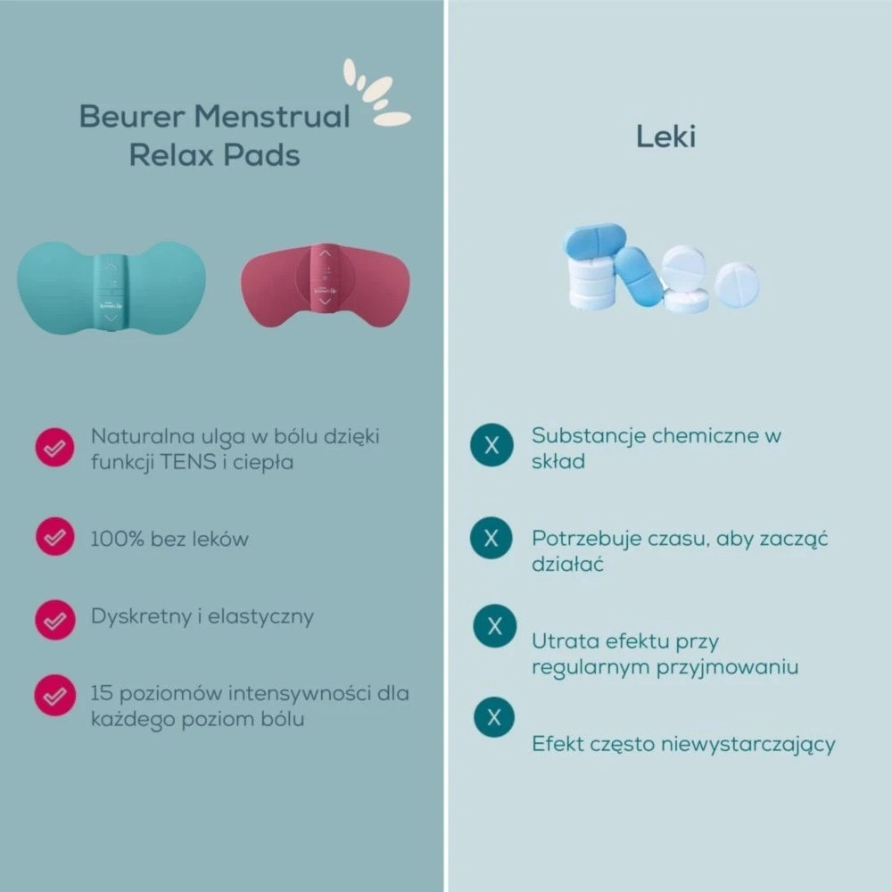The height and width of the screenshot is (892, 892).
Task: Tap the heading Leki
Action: coord(665,136)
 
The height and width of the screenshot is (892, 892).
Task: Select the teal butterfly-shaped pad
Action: coord(111,287)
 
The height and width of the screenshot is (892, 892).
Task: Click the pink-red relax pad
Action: coord(326,286)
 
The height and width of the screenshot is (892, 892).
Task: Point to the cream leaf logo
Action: coord(376,93)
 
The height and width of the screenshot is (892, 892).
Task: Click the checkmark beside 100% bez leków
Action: coord(55,536)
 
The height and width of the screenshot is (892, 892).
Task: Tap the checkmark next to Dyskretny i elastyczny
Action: coord(55,620)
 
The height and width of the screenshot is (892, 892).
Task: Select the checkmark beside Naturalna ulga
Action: coord(54,448)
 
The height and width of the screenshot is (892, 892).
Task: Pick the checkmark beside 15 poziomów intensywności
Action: coord(54,695)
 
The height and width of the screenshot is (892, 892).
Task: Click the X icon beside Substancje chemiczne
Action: coord(492,445)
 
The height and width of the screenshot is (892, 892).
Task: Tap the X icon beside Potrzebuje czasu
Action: coord(491,538)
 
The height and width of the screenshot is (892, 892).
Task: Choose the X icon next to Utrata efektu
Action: coord(495,626)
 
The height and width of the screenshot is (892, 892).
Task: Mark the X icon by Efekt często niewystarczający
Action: coord(494,717)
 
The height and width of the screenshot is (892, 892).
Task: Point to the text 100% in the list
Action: coord(117,539)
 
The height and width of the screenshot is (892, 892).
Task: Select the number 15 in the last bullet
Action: coord(102,693)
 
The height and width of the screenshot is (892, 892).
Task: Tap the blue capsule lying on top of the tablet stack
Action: coord(594,242)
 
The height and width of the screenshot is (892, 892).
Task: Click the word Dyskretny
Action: coord(141,617)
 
